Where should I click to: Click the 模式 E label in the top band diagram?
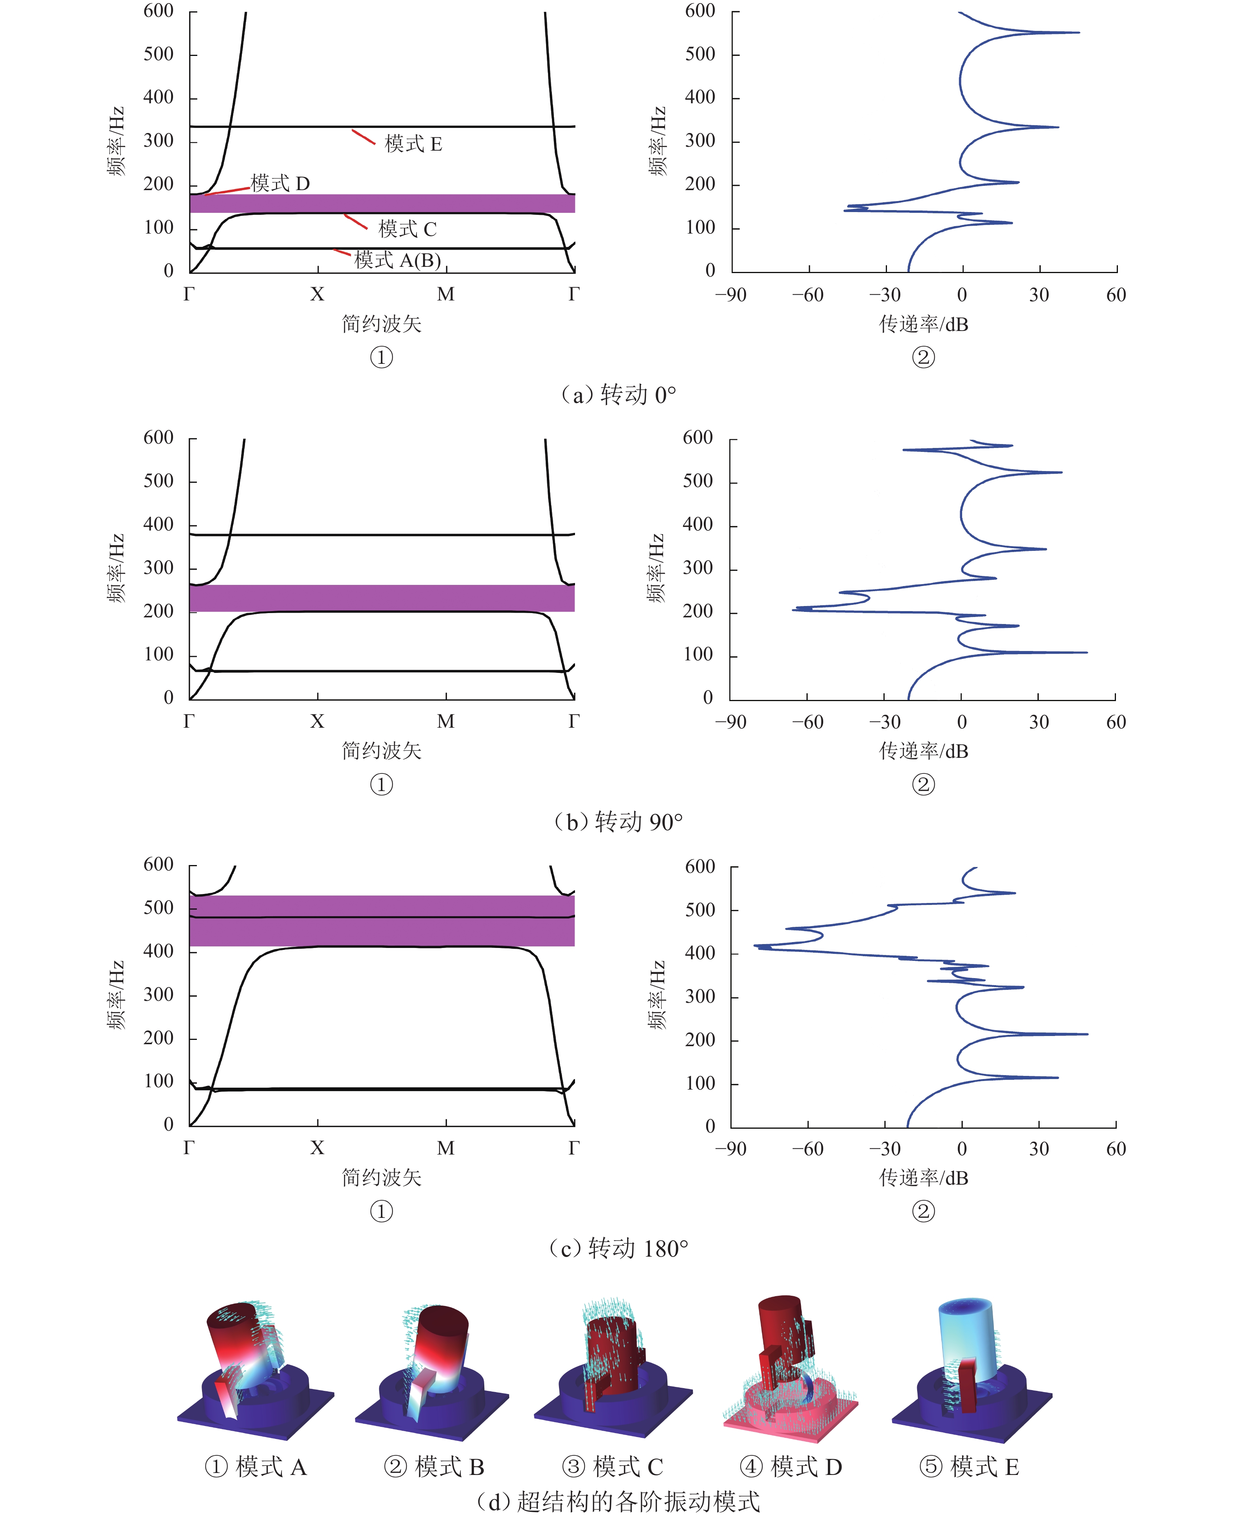(413, 144)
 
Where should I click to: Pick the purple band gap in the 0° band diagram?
(382, 204)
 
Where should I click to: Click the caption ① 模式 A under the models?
(256, 1466)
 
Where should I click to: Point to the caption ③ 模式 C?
(612, 1466)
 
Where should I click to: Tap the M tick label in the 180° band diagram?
(446, 1148)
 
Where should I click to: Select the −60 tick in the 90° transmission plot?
(808, 722)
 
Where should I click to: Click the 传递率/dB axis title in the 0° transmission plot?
(923, 324)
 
